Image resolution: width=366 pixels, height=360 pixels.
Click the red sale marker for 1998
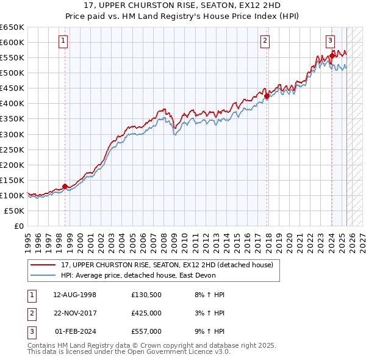(x=65, y=186)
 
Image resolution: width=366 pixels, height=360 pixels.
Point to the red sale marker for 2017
(x=267, y=96)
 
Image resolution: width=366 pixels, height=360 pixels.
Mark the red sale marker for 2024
(x=331, y=56)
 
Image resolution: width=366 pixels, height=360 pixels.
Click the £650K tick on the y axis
(x=12, y=27)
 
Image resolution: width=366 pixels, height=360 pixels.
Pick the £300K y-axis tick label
(x=12, y=134)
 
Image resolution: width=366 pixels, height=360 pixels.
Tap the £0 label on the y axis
(x=20, y=226)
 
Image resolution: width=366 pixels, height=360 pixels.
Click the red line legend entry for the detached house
(x=170, y=264)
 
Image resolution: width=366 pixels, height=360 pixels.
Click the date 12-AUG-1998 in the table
(x=74, y=295)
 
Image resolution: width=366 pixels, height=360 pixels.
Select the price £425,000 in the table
(x=146, y=313)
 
